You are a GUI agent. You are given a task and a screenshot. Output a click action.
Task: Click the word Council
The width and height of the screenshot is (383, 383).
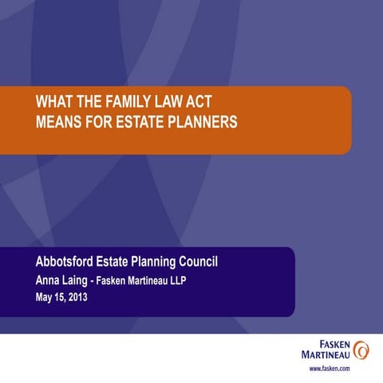tap(211, 263)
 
